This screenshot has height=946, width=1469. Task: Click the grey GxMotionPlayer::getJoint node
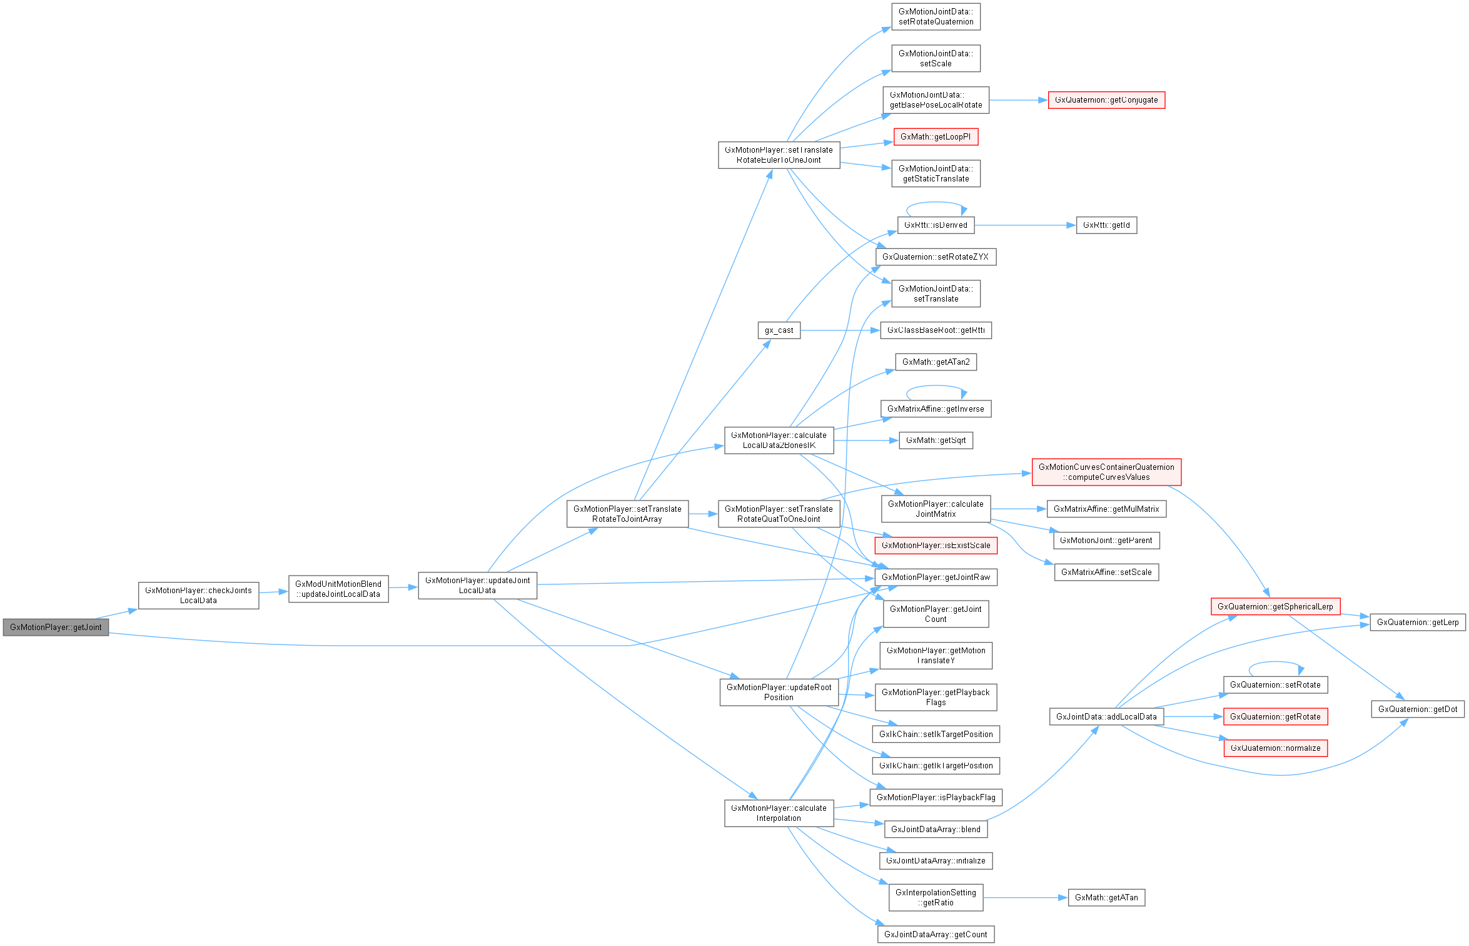(x=56, y=627)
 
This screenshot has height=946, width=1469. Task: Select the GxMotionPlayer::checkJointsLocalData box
(x=198, y=595)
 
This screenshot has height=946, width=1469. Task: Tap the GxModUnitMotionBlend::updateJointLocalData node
(x=338, y=589)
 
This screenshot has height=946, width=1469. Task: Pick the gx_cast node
(x=779, y=330)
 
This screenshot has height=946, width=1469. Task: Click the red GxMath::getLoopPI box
(x=936, y=137)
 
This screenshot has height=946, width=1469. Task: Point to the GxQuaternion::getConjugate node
(x=1106, y=100)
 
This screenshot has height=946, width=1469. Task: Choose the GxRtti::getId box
(x=1106, y=225)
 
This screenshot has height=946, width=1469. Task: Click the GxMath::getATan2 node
(x=936, y=362)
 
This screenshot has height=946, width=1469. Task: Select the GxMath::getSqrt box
(x=936, y=440)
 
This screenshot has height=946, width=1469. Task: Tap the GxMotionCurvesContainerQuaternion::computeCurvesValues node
(x=1106, y=472)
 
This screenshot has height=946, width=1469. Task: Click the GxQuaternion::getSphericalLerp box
(x=1275, y=606)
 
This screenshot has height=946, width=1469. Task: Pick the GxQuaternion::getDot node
(x=1417, y=709)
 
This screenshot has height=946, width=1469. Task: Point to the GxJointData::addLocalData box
(x=1106, y=716)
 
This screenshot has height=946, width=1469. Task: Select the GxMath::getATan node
(x=1106, y=897)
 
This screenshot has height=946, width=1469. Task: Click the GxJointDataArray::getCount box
(x=936, y=934)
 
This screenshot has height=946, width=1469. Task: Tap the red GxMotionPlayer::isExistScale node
(x=936, y=545)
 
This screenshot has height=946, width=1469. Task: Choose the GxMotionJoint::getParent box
(x=1106, y=541)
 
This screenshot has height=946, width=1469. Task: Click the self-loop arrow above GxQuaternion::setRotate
(x=1276, y=662)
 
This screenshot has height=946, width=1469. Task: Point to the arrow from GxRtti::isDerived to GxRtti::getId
(x=1026, y=225)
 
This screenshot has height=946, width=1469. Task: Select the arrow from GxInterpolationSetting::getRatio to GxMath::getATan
(x=1026, y=897)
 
